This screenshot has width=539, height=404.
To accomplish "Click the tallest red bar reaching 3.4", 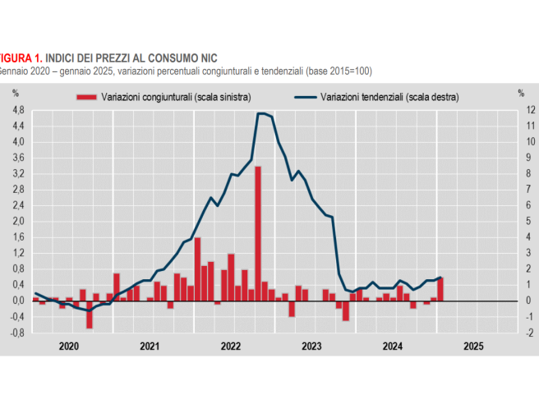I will pos(258,232).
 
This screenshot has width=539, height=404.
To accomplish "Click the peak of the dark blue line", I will pos(260,113).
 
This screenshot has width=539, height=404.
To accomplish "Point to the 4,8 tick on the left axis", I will pos(18,110).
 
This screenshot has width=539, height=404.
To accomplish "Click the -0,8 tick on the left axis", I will pos(17,333).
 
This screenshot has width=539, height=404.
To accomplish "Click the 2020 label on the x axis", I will pos(70,347).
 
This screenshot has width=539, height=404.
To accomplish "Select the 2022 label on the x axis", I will pos(231,347).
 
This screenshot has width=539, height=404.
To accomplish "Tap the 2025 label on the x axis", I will pos(473,347).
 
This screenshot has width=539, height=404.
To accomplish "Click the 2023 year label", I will pos(311,347).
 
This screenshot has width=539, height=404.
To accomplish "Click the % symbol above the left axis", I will pos(15,93).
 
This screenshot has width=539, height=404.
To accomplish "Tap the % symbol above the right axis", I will pos(521,93).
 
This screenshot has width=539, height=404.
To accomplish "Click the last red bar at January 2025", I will pos(440,289).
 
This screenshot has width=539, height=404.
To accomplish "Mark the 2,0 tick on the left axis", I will pos(18,221).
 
